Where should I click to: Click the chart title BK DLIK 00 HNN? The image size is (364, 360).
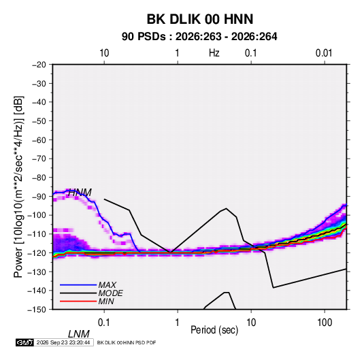click(200, 19)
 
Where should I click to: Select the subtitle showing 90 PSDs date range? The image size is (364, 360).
click(199, 37)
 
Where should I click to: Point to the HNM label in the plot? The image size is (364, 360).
click(80, 193)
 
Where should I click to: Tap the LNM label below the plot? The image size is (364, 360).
click(79, 334)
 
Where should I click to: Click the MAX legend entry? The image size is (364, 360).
click(107, 284)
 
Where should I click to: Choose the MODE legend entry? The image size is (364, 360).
click(110, 293)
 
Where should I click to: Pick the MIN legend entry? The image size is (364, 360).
click(106, 301)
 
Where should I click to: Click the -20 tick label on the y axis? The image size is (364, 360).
click(39, 65)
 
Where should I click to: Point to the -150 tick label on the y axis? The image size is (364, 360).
click(37, 310)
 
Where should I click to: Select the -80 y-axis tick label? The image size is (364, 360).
click(39, 178)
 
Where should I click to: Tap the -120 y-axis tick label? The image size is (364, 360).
click(37, 253)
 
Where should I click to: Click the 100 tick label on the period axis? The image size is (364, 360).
click(325, 323)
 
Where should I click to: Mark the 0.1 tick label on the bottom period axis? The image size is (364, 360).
click(103, 323)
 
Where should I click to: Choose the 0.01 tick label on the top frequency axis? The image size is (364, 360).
click(324, 53)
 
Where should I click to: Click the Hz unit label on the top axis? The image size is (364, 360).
click(214, 53)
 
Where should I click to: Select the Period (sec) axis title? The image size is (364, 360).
click(214, 330)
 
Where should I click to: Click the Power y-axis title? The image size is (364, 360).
click(18, 186)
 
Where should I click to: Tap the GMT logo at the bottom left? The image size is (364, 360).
click(24, 342)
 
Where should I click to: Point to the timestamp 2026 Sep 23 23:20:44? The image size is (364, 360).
click(63, 342)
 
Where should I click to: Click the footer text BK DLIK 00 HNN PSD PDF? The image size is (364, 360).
click(127, 342)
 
